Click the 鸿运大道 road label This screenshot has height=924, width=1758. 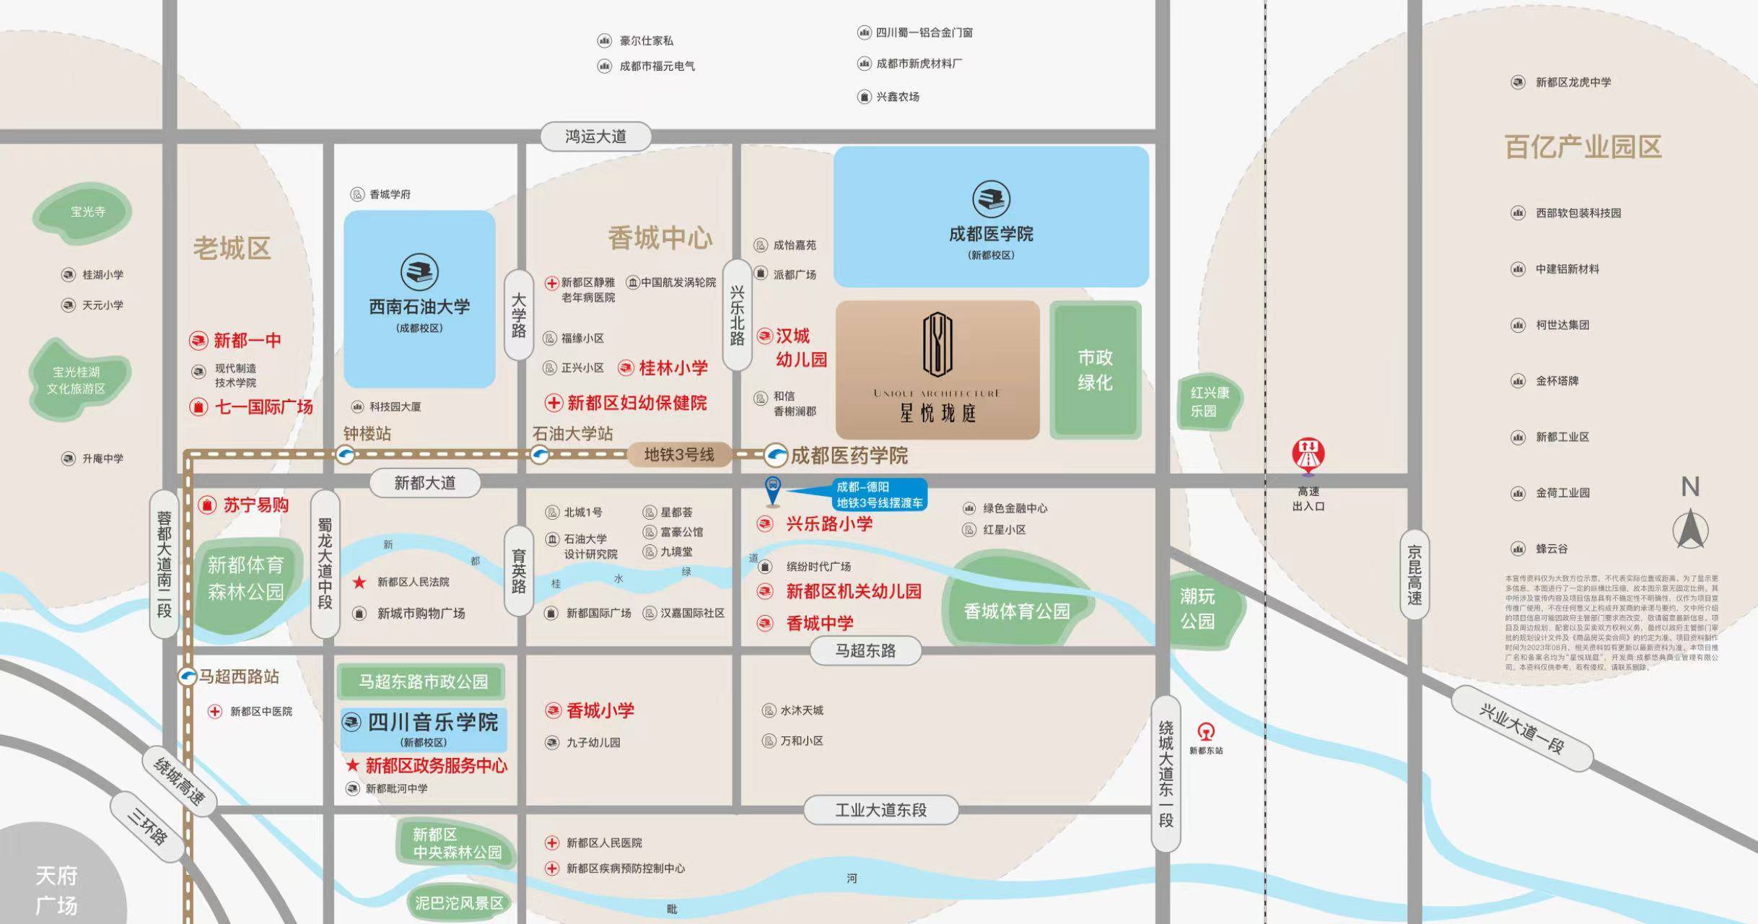(596, 136)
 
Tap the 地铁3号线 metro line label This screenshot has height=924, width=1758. (678, 455)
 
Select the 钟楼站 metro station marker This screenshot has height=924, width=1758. (346, 455)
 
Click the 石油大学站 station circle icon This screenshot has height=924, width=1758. (539, 455)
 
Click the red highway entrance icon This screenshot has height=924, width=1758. (1308, 454)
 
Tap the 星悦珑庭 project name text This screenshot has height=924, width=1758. (937, 414)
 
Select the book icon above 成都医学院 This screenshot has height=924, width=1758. (991, 199)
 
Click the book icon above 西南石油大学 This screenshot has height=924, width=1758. (419, 272)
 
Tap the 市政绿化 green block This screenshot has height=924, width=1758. (1095, 370)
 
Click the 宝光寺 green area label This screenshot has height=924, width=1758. (87, 212)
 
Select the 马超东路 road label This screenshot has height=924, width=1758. (865, 651)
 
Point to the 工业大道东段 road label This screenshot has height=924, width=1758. (880, 810)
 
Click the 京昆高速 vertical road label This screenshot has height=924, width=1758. (1414, 575)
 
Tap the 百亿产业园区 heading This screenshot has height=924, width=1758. (1583, 147)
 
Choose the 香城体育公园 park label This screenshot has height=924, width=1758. (1016, 611)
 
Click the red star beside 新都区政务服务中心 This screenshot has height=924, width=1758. (352, 765)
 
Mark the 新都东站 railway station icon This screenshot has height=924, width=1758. (1206, 732)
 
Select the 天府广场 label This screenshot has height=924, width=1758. (56, 890)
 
